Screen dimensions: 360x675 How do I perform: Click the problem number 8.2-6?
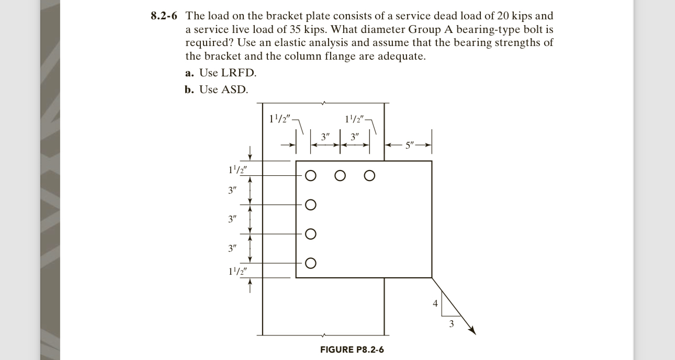pos(166,16)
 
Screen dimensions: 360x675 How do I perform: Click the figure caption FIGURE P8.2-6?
pos(352,350)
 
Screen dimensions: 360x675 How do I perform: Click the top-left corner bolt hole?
pos(310,175)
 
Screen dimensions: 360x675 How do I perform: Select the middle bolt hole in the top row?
pos(340,175)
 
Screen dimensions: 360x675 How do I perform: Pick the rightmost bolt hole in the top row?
pos(369,175)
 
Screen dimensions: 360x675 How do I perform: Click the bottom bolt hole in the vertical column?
pos(310,263)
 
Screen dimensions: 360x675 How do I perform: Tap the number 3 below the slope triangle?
pos(452,324)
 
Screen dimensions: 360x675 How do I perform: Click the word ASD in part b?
pos(234,89)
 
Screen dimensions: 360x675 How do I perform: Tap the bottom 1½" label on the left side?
pos(238,271)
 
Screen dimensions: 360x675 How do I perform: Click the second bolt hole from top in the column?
pos(310,205)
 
